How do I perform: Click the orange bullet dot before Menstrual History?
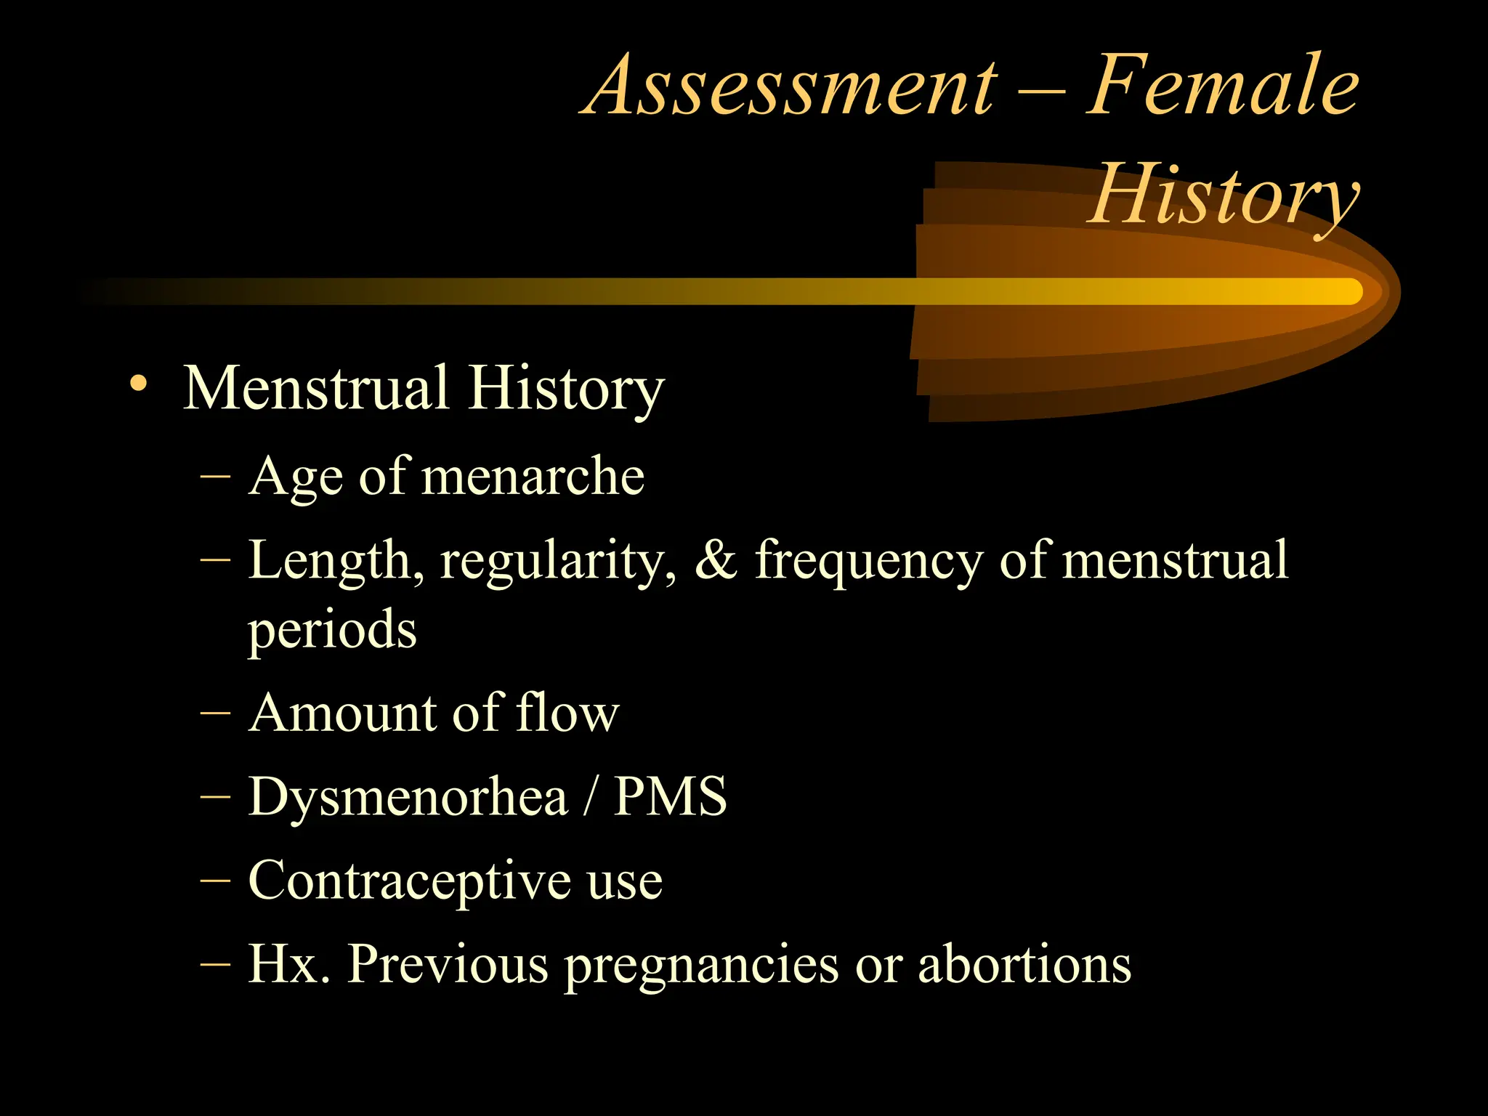coord(138,383)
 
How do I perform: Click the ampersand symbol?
coord(716,561)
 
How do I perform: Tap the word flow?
coord(567,713)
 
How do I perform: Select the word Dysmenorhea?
coord(408,798)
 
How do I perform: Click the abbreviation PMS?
coord(670,797)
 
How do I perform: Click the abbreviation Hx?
coord(288,964)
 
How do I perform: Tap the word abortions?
coord(1024,964)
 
